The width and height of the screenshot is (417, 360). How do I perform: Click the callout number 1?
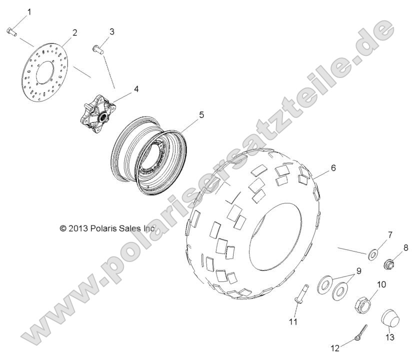(x=28, y=11)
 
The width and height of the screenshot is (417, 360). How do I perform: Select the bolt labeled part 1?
(x=12, y=31)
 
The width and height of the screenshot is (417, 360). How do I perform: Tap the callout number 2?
(x=74, y=33)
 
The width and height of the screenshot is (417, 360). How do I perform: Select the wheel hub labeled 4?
(x=95, y=111)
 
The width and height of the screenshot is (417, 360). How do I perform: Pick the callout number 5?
(x=187, y=115)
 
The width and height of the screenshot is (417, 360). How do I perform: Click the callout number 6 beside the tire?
(x=333, y=168)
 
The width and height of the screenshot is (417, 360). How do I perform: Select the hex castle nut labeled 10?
(x=362, y=304)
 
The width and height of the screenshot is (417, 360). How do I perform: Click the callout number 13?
(x=389, y=338)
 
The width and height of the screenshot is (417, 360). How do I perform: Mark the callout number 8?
(x=406, y=247)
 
